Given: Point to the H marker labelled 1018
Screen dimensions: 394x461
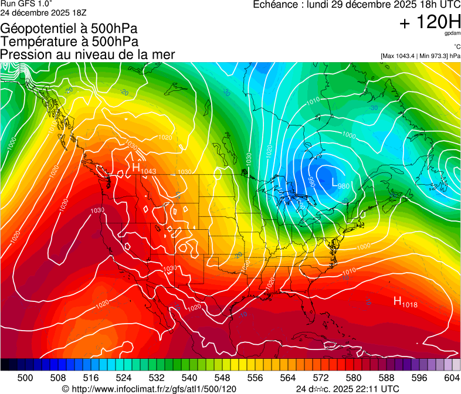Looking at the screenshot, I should tap(397, 301).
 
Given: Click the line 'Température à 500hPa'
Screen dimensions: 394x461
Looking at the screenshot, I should tap(69, 42).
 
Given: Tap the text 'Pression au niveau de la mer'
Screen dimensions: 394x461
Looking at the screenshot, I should tap(87, 55).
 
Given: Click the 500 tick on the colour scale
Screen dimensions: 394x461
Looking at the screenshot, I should tap(25, 378).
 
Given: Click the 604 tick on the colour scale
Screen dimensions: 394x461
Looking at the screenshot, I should tap(452, 378).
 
